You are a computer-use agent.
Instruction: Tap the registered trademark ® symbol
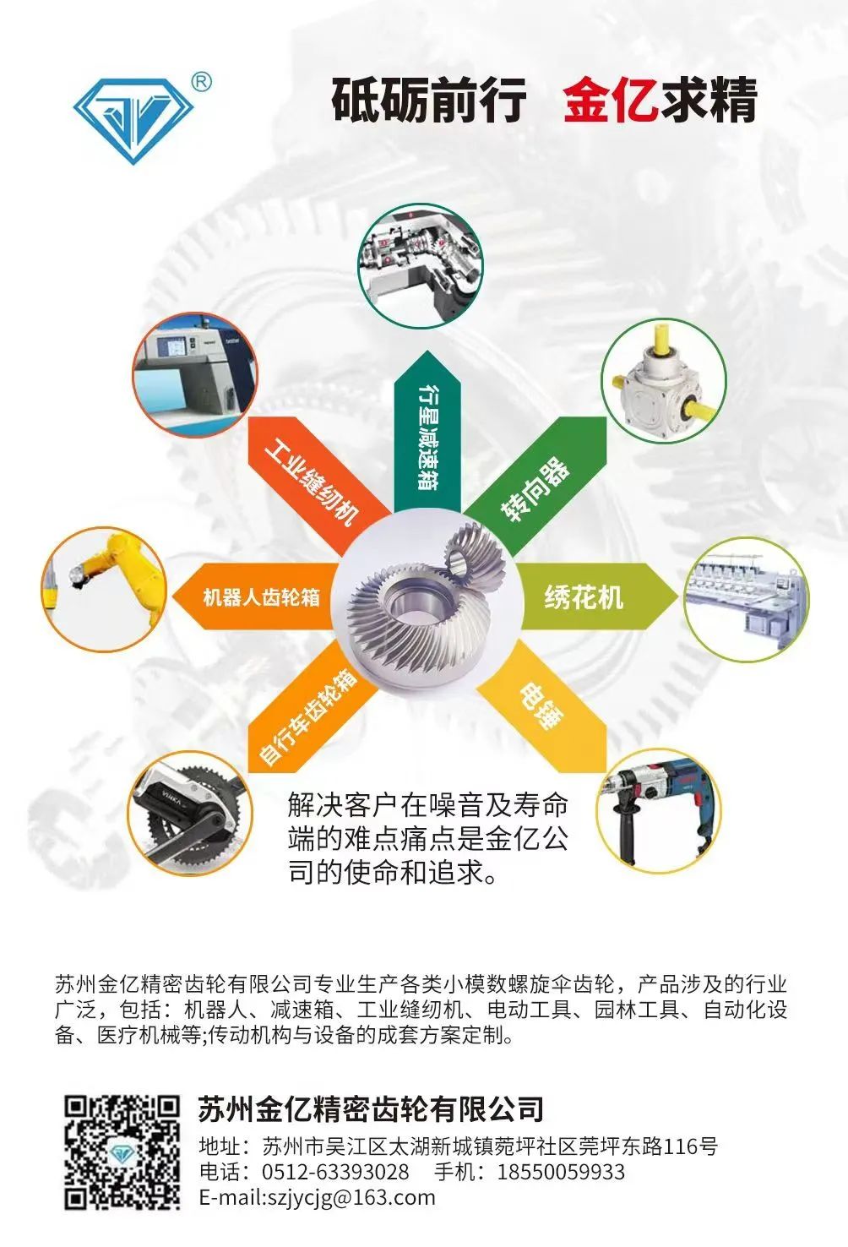(x=201, y=81)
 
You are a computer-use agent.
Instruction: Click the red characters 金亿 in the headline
(x=611, y=100)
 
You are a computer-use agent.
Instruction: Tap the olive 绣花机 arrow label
(x=599, y=596)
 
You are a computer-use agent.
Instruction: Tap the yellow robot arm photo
(x=104, y=589)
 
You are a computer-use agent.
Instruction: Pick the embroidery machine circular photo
(x=746, y=600)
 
